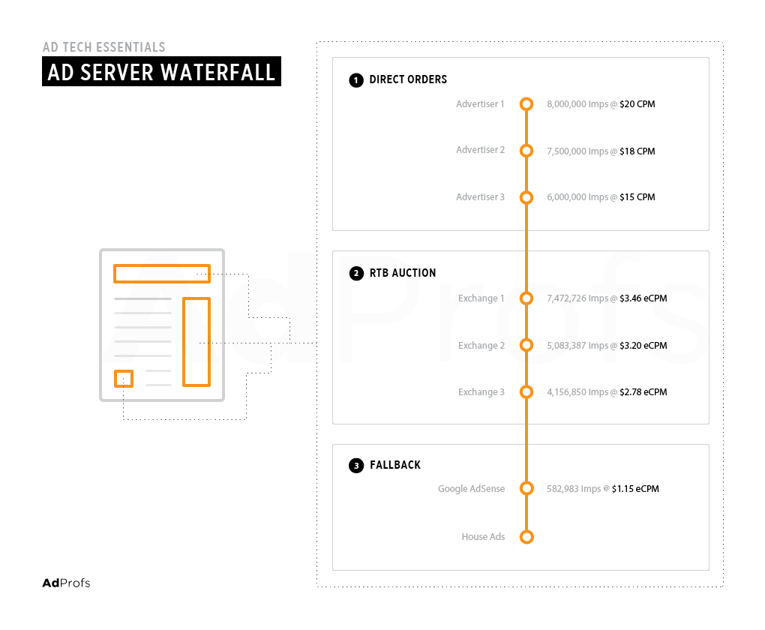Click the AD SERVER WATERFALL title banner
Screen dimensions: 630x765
tap(161, 73)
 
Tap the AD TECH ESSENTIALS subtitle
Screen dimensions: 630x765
tap(104, 47)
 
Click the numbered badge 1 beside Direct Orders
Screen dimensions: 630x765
tap(356, 80)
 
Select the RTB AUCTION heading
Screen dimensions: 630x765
tap(403, 273)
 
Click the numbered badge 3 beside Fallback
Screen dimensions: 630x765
tap(356, 466)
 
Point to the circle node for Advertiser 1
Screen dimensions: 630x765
tap(526, 104)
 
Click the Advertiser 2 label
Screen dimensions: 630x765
tap(480, 150)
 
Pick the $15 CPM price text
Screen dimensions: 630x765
tap(637, 197)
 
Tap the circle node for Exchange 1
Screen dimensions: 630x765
tap(526, 298)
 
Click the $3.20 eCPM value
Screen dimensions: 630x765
tap(643, 346)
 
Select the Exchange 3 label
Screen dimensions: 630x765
tap(481, 392)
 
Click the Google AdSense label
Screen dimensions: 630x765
tap(471, 489)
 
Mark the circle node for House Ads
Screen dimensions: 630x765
tap(526, 537)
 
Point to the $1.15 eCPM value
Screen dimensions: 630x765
tap(635, 489)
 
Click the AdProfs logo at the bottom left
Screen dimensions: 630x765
tap(66, 583)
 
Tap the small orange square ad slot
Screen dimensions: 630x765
tap(124, 379)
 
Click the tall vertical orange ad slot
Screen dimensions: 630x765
tap(196, 342)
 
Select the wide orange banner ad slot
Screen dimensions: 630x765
tap(161, 273)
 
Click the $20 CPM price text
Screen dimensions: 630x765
tap(637, 104)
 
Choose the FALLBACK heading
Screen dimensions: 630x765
tap(395, 465)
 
